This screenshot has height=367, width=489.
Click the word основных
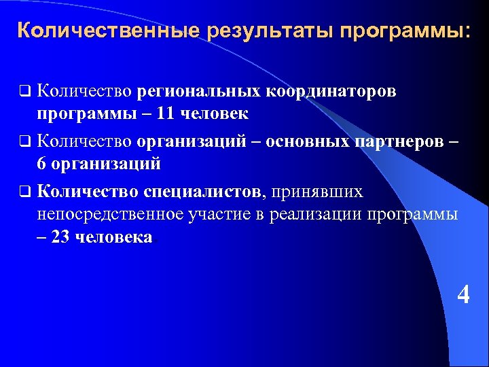pyautogui.click(x=308, y=141)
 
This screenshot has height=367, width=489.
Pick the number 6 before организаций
pyautogui.click(x=42, y=164)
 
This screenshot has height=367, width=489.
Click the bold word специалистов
pyautogui.click(x=202, y=192)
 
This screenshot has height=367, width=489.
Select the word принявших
pyautogui.click(x=317, y=192)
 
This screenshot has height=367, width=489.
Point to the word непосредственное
pyautogui.click(x=107, y=214)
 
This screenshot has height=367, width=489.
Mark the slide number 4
pyautogui.click(x=463, y=295)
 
